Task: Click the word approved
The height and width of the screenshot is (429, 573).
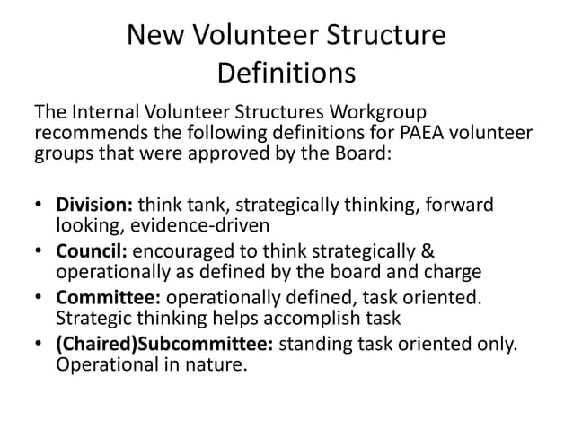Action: click(223, 151)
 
